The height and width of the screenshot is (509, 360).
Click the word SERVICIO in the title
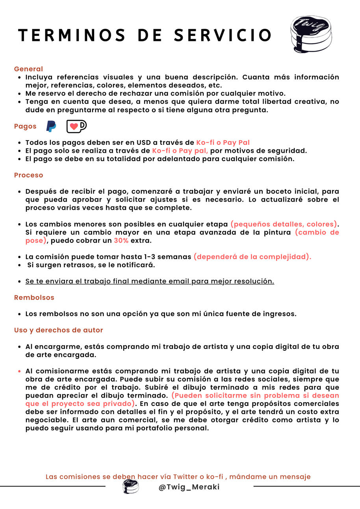point(223,35)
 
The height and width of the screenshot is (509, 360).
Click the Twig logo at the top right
point(311,34)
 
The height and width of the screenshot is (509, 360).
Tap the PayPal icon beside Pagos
point(51,126)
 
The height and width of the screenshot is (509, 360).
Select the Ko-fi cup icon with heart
point(76,126)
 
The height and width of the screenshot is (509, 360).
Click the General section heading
point(28,69)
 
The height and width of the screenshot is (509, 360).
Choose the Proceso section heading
point(28,175)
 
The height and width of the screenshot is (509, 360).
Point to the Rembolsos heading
point(34,298)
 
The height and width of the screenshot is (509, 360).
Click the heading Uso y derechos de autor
point(58,330)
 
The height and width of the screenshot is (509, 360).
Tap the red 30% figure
point(121,241)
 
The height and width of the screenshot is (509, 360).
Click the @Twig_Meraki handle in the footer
point(189,487)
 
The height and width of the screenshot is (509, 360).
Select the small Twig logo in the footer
point(130,487)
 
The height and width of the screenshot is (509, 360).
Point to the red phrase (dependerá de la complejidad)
point(252,257)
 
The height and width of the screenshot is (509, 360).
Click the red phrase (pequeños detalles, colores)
point(284,224)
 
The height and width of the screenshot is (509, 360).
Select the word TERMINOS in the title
point(72,35)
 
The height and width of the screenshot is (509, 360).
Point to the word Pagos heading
point(25,126)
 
